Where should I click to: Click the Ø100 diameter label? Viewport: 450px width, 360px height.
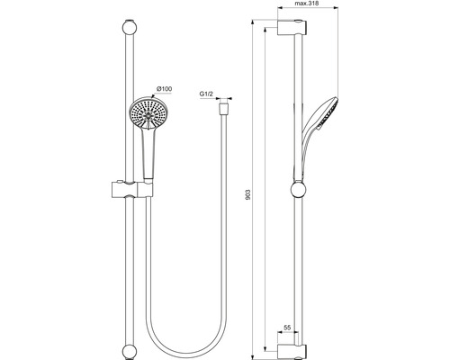pos(164,88)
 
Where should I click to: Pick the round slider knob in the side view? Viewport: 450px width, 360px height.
pos(299,190)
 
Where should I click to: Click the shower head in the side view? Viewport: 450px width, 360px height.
pos(325,107)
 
